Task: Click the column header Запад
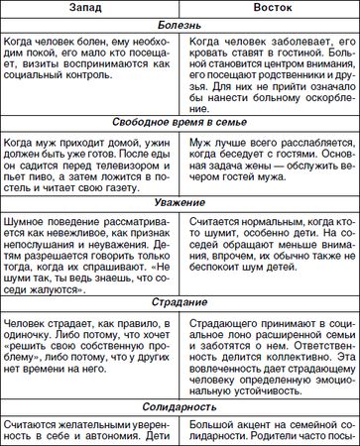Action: (x=86, y=9)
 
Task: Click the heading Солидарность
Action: (x=180, y=407)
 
